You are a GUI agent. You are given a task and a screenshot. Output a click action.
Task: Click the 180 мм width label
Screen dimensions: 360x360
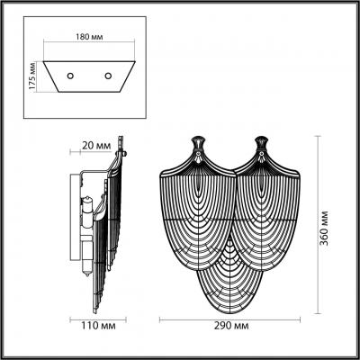[87, 39]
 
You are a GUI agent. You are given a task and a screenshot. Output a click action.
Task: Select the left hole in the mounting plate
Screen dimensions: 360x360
[67, 76]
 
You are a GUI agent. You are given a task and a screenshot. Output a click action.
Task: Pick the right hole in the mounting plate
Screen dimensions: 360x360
[108, 76]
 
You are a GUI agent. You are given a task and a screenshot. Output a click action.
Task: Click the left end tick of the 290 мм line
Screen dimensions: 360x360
[161, 320]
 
